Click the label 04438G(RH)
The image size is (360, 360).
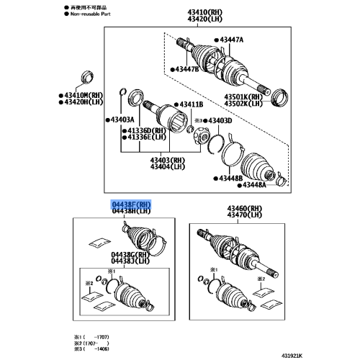point(130,254)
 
